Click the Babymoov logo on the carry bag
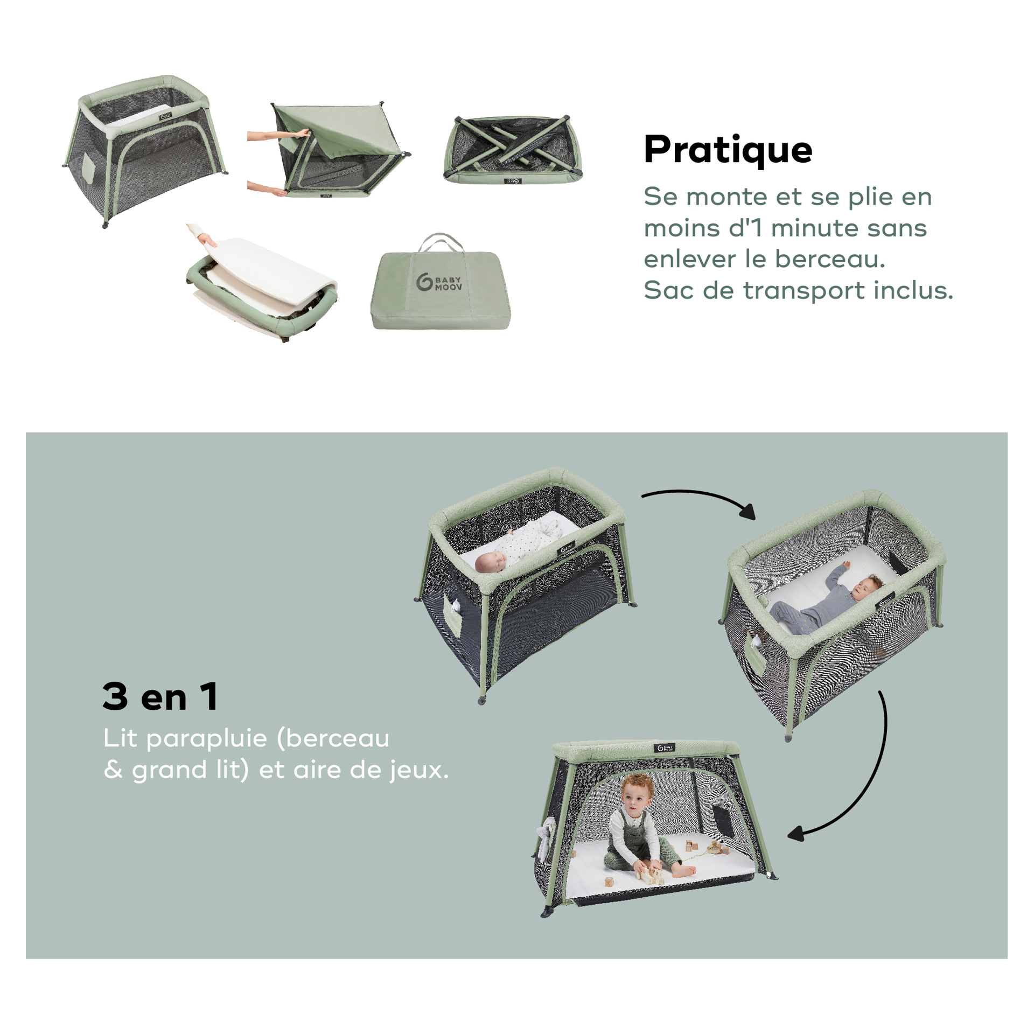pos(438,283)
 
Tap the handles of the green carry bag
pos(441,242)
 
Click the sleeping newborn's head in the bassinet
pos(490,561)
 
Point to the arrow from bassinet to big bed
pos(700,494)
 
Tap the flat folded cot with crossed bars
pos(513,150)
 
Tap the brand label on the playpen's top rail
pos(664,747)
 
